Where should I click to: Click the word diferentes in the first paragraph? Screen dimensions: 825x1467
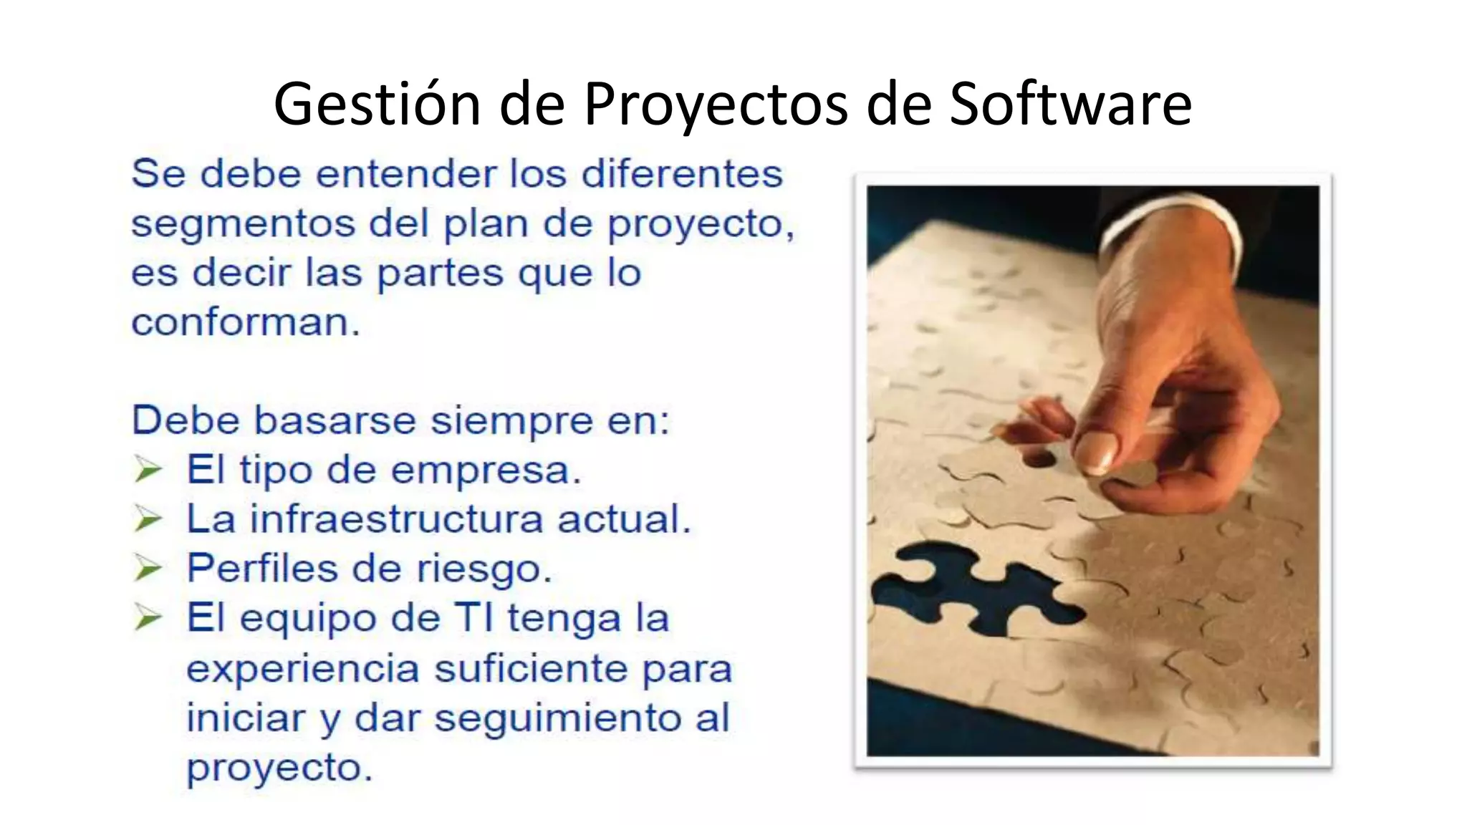tap(682, 174)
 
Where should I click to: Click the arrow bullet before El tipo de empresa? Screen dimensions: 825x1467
tap(148, 471)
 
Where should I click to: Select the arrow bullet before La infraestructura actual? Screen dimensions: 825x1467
tap(148, 519)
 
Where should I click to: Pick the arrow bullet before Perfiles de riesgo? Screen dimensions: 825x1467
tap(148, 569)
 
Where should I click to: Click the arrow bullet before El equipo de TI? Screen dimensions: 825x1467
tap(148, 618)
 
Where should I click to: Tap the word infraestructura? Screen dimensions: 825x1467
tap(396, 519)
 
